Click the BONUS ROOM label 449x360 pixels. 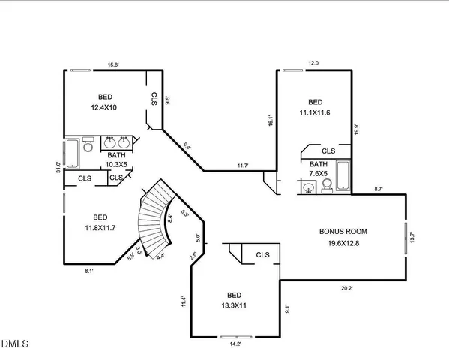[346, 237]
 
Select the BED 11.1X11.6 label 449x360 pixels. [315, 107]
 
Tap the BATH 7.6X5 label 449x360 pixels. [319, 169]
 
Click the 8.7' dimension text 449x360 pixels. [379, 190]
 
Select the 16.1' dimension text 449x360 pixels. [269, 119]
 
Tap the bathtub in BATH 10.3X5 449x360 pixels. [73, 154]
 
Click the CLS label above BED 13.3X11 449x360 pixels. [262, 255]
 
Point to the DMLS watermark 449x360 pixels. [15, 344]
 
